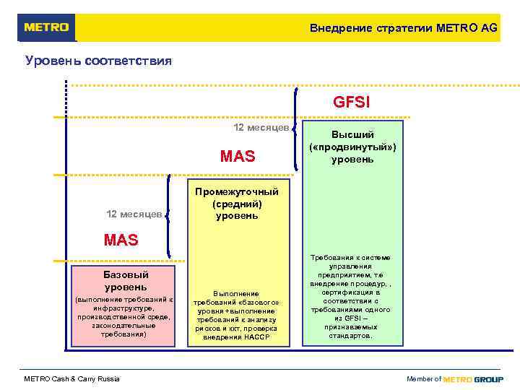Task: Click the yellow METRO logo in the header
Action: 46,27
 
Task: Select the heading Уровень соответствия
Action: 98,61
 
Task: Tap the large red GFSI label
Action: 352,103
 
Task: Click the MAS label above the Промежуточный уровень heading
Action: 238,156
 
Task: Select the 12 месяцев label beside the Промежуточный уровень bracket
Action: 134,214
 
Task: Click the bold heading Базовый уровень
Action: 126,281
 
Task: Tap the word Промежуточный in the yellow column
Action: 235,191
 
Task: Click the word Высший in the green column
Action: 352,135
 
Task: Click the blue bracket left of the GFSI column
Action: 297,130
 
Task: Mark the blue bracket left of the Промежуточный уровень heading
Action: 168,214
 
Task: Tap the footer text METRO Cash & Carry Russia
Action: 71,379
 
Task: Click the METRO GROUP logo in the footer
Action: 473,379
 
